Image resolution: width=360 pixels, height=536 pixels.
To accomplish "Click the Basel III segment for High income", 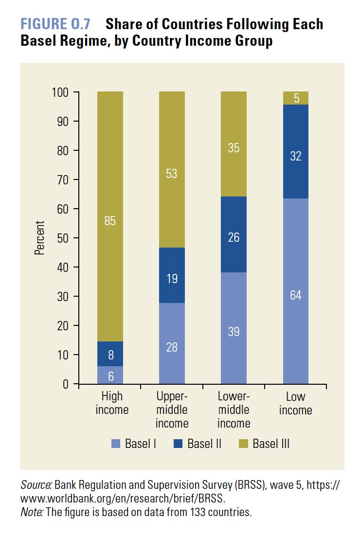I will pos(110,216).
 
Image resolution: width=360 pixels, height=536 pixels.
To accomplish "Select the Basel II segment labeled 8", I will pos(110,354).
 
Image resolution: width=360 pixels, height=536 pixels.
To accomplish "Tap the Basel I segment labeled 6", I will pos(110,375).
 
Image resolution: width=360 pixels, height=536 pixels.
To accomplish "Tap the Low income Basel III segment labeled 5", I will pos(296,98).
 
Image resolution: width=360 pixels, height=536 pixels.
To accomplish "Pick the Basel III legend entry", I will pos(265,444).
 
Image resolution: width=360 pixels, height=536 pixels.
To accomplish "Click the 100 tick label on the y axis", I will pos(63,92).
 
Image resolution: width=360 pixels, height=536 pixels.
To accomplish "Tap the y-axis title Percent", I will pos(39,238).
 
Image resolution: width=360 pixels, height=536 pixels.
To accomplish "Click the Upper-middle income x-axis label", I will pos(172,410).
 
